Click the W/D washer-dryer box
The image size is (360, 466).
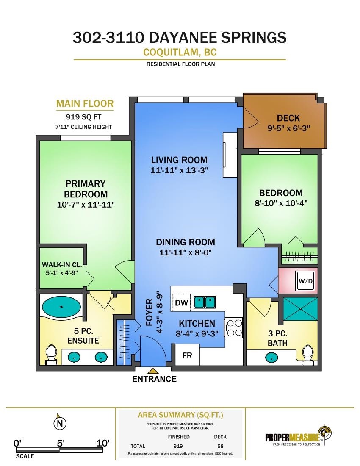point(306,280)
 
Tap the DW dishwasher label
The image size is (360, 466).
point(181,302)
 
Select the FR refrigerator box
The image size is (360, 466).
point(187,355)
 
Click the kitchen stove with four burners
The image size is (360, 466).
point(234,328)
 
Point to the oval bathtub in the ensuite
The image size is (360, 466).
point(61,307)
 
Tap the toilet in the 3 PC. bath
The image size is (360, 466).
point(308,355)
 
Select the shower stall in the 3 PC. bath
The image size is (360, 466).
point(300,309)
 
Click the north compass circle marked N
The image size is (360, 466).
point(60,424)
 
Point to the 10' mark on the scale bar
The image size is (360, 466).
point(103,443)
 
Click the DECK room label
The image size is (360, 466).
point(288,118)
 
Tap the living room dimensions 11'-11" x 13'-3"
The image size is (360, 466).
point(179,170)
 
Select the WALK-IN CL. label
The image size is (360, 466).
point(62,264)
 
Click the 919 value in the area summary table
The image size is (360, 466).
point(178,446)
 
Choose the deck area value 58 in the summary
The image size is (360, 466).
point(220,446)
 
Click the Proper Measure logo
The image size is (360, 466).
point(299,436)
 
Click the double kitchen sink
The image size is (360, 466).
point(205,302)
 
